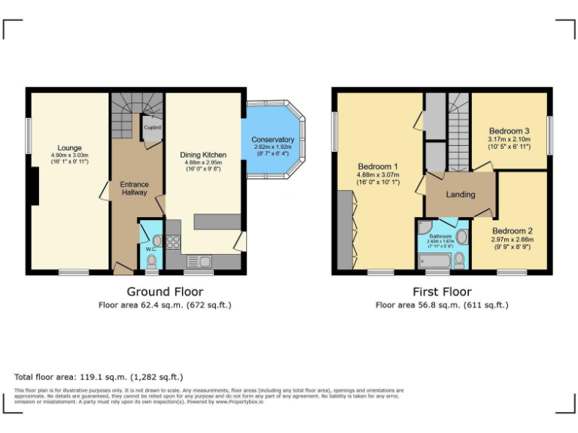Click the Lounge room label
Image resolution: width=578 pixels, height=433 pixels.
tap(70, 147)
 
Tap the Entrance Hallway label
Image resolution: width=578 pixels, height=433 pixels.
tap(135, 189)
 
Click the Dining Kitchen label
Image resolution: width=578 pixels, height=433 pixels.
tap(202, 155)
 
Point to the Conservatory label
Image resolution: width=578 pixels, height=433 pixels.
tap(272, 140)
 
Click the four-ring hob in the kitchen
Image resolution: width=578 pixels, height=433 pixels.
tap(172, 242)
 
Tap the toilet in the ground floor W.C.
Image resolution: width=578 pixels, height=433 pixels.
tap(152, 261)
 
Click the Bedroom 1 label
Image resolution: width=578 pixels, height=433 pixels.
tap(378, 166)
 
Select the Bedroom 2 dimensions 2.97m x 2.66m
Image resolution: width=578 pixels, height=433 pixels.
tap(513, 240)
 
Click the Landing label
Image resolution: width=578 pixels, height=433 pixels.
tap(461, 194)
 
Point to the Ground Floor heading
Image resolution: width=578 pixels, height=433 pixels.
tap(164, 292)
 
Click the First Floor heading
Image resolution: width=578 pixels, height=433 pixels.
tap(442, 292)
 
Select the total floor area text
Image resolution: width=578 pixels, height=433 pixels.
tap(99, 377)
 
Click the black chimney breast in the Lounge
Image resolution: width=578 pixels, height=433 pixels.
tap(34, 185)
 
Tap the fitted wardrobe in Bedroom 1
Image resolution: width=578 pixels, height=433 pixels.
tap(346, 230)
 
